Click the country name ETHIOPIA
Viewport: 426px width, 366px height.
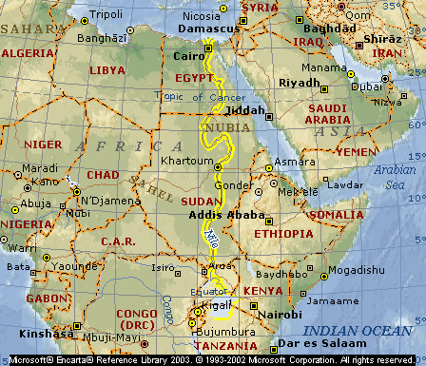[x=282, y=233]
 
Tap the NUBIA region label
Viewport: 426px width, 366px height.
[x=223, y=125]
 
